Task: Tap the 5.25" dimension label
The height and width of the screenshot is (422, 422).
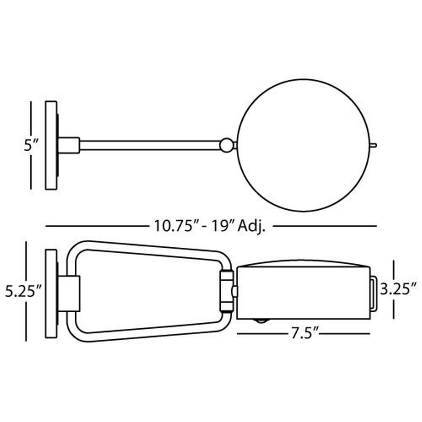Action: [x=23, y=292]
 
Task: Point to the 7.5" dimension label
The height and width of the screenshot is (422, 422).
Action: [x=303, y=334]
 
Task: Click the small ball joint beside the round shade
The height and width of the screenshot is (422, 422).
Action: [x=227, y=145]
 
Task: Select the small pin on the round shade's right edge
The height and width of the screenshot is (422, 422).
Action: [x=373, y=145]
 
